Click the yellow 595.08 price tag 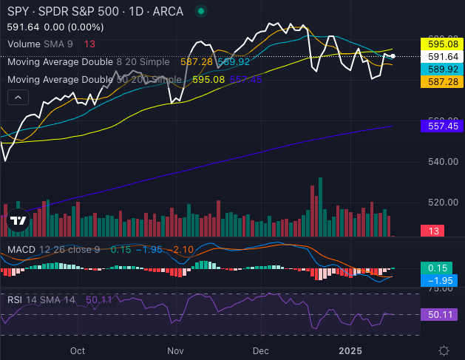(x=441, y=44)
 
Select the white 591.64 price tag (x=441, y=56)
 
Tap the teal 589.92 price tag (x=441, y=69)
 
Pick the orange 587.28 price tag (x=441, y=81)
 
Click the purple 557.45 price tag (x=441, y=126)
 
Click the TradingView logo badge (x=18, y=220)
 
